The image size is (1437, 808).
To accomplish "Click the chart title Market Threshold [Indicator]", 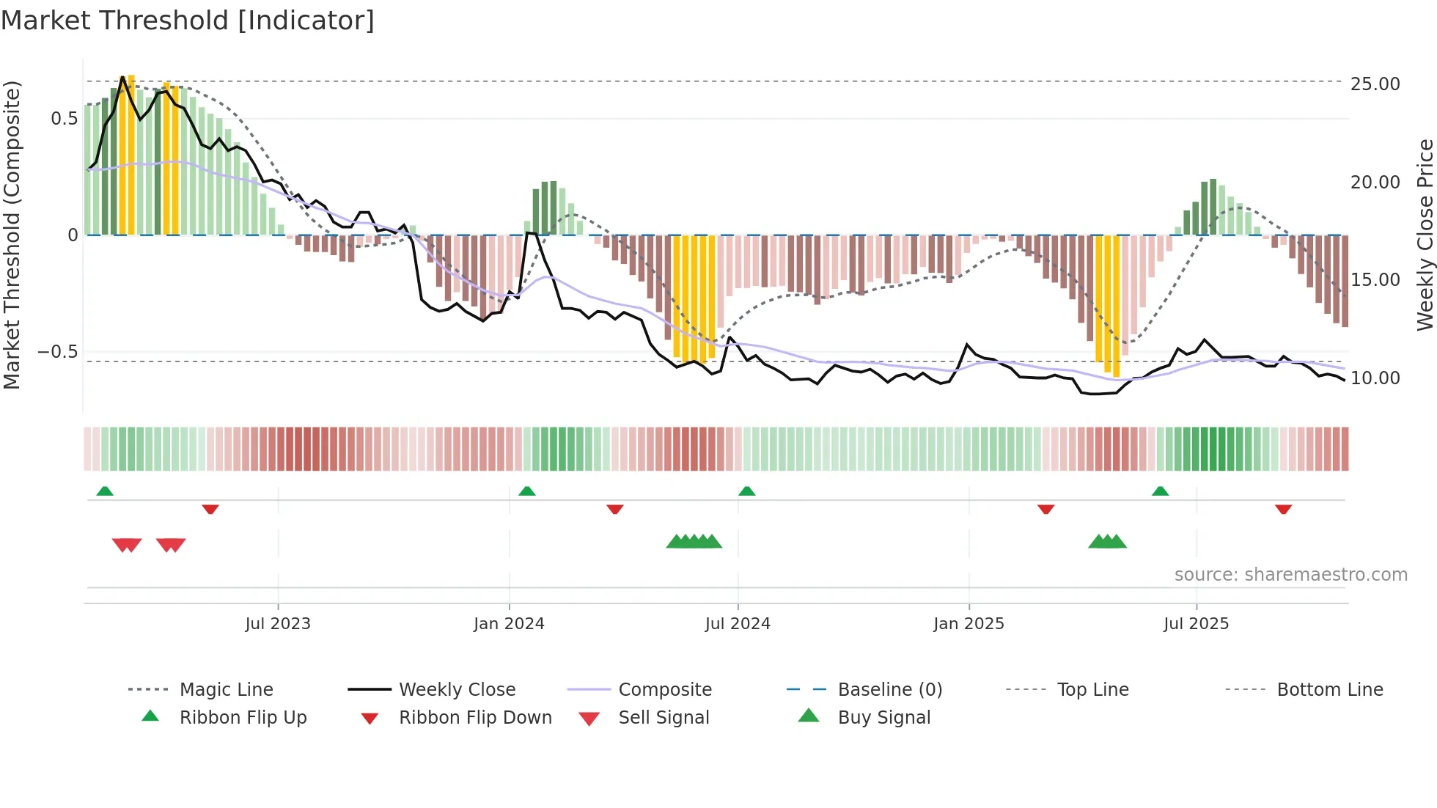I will (x=188, y=21).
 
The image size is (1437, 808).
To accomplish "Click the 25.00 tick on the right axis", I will (x=1375, y=84).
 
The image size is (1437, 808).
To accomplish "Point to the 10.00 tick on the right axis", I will (x=1375, y=378).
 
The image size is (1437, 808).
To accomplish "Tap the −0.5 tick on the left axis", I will (x=58, y=352).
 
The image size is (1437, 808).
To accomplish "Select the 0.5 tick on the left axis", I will (x=64, y=119).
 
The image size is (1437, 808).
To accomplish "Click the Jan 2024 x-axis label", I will (x=509, y=624).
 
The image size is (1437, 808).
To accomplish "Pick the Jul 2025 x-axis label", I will (x=1196, y=624).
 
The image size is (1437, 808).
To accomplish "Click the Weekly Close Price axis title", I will (x=1425, y=235).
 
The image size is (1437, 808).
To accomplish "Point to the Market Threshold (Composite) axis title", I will (x=12, y=235).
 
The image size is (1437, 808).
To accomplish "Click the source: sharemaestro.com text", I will (x=1290, y=575).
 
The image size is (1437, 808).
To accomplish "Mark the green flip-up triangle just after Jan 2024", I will (x=527, y=491).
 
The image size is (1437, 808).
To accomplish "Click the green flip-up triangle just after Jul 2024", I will (x=746, y=491).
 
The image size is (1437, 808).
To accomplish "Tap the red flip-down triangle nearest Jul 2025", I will (x=1283, y=509).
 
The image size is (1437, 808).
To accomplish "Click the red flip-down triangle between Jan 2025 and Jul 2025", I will (x=1045, y=509).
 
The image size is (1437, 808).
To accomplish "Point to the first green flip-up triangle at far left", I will (x=105, y=491).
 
